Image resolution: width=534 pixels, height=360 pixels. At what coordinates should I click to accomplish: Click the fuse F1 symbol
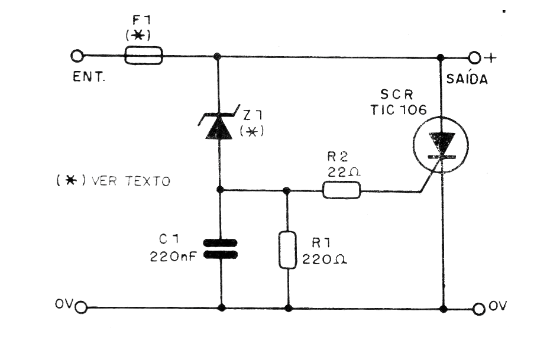[143, 57]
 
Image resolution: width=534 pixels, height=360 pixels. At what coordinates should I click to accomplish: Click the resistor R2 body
[341, 190]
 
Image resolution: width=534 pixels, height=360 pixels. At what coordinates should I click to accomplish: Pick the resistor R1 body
[287, 251]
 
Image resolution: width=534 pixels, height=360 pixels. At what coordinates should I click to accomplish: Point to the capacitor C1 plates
[219, 249]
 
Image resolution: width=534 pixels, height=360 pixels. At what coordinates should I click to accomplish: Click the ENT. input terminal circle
[76, 57]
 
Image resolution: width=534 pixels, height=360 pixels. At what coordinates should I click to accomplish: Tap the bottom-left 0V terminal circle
[81, 307]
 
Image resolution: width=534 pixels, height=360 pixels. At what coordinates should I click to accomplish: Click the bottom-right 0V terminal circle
[479, 308]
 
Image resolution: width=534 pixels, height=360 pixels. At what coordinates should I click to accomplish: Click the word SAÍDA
[467, 80]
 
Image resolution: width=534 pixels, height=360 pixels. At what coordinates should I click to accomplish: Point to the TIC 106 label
[398, 109]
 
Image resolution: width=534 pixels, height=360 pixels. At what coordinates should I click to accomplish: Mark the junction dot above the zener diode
[218, 57]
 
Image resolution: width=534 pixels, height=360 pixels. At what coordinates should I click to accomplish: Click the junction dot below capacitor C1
[222, 307]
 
